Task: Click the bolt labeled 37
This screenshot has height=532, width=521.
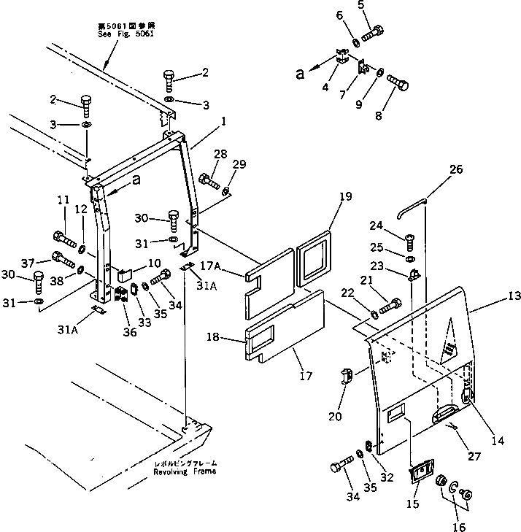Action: coord(63,258)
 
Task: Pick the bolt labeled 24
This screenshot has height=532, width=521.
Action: coord(410,236)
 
